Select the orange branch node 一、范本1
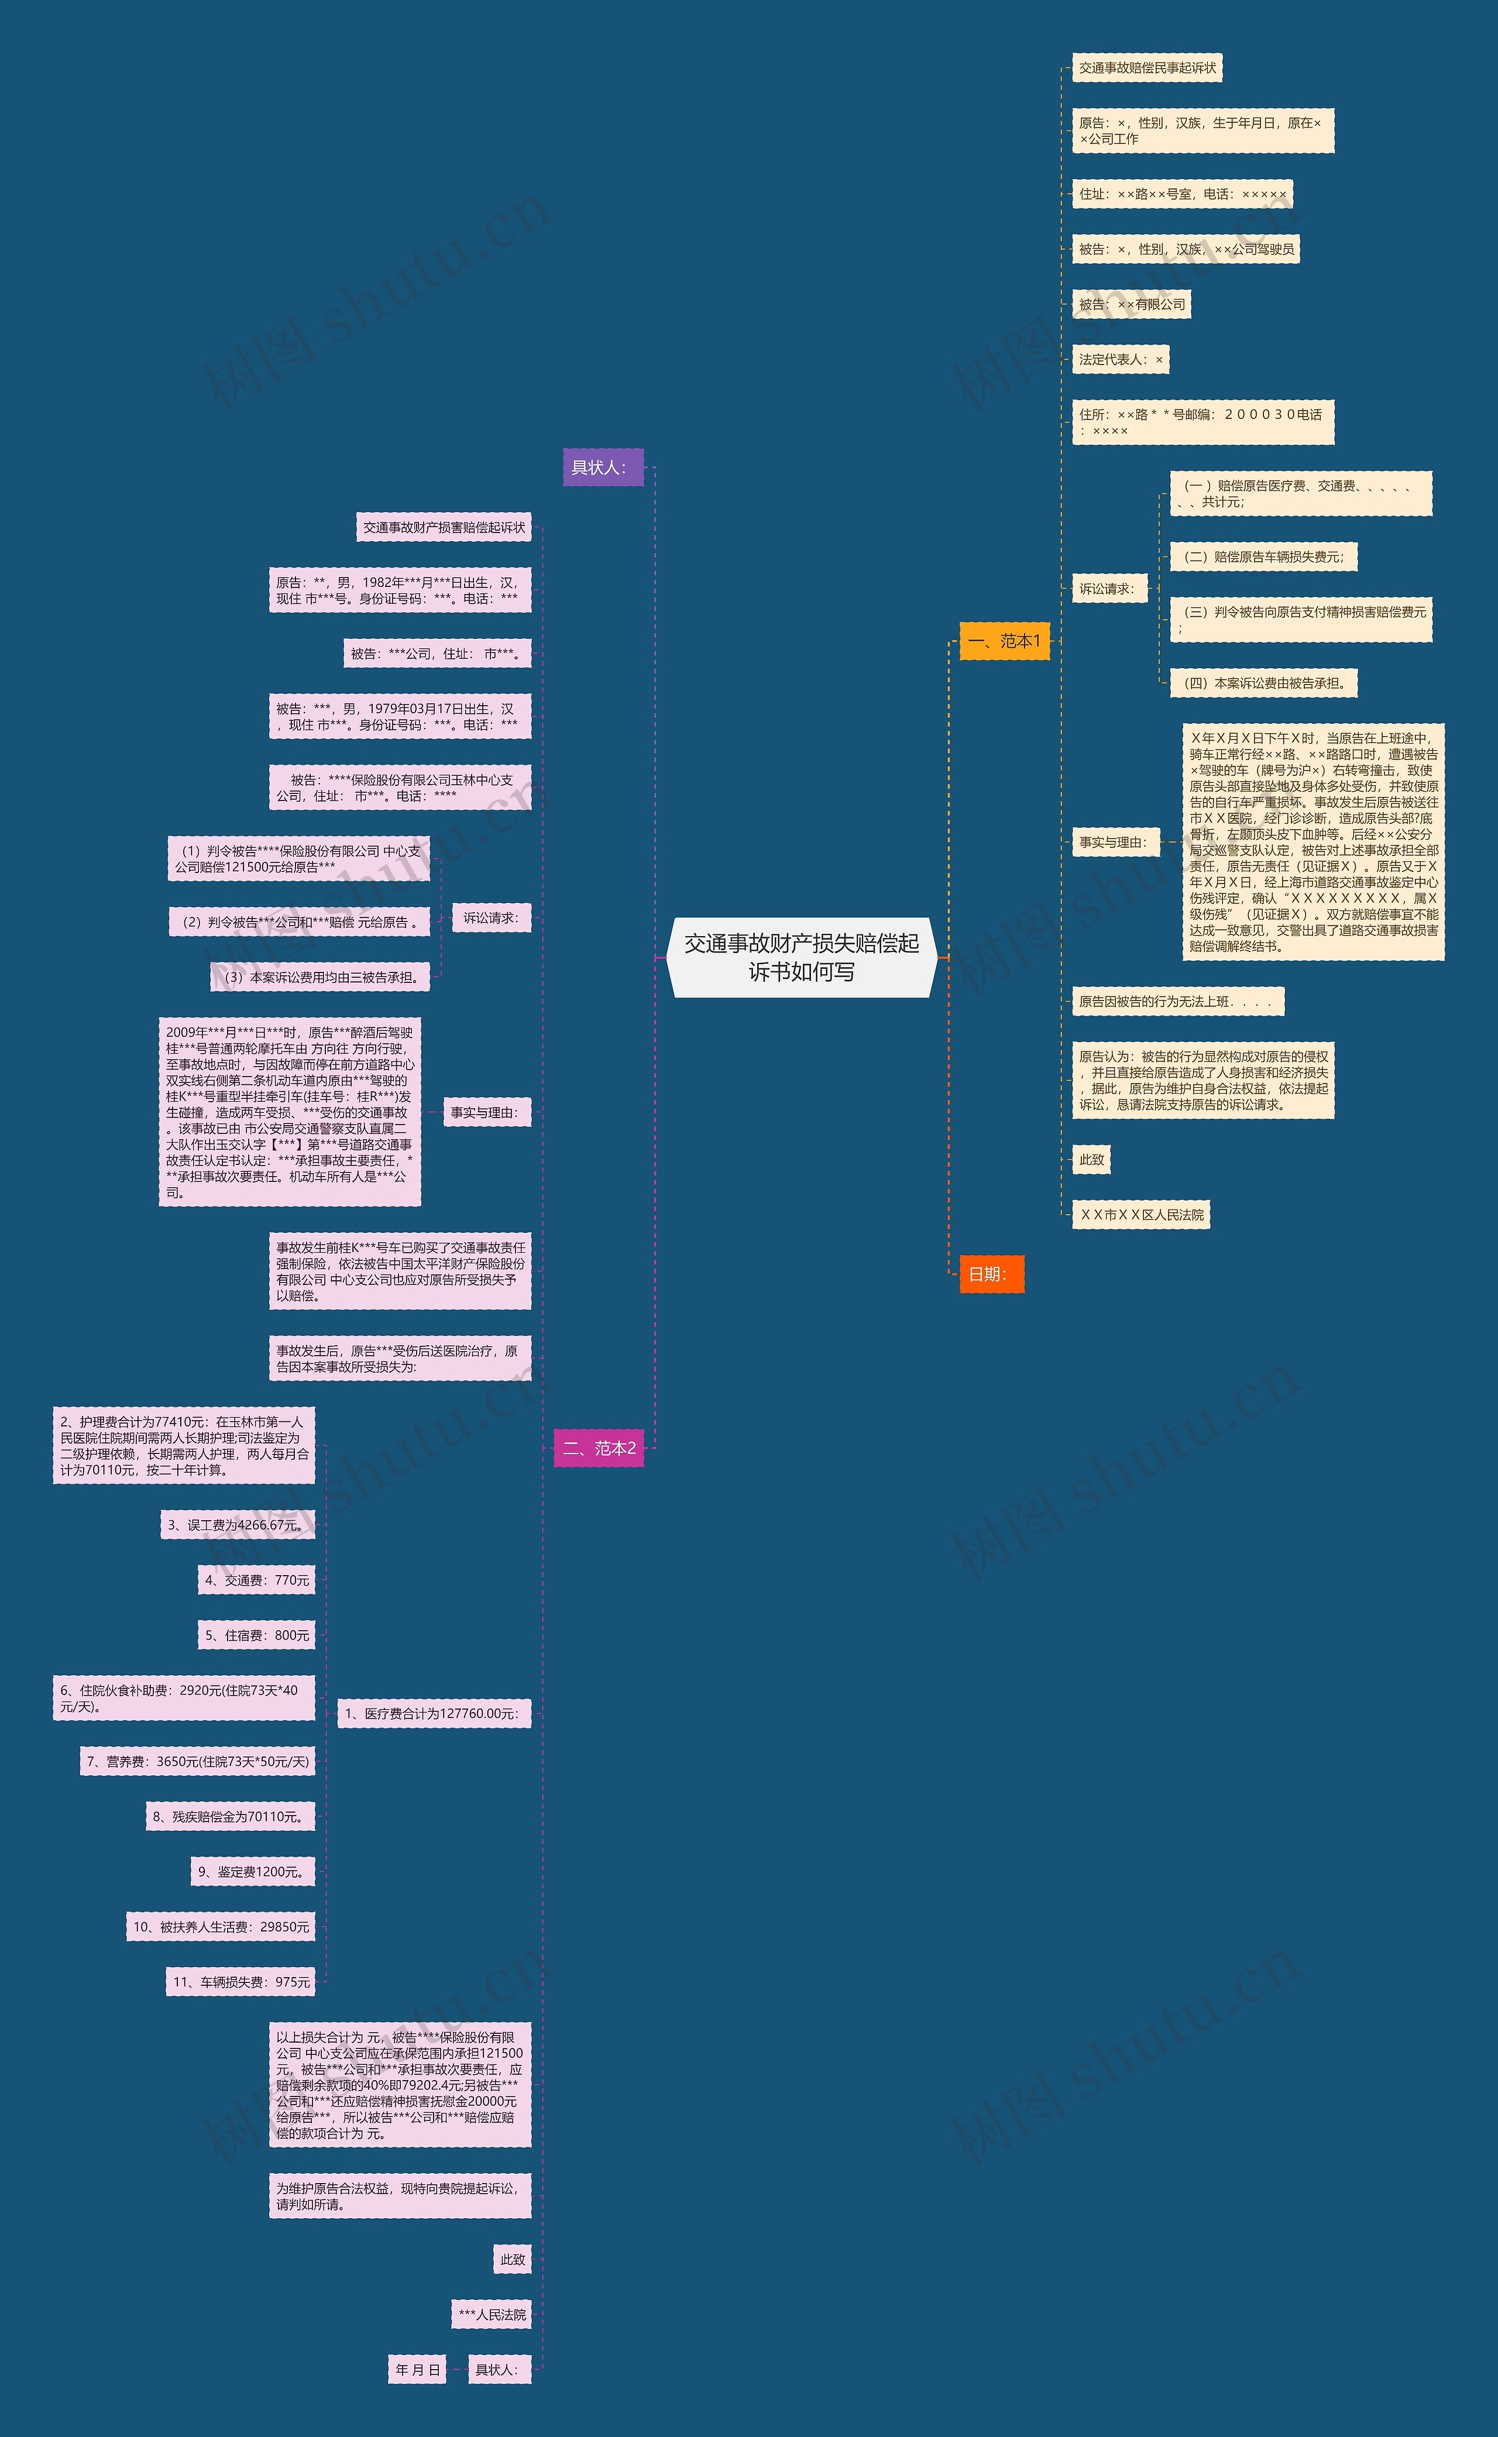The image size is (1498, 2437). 1004,641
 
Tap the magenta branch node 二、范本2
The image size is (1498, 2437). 599,1448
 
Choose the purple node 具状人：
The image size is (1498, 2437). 602,468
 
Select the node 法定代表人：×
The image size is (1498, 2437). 1119,360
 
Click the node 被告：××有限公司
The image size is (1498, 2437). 1131,304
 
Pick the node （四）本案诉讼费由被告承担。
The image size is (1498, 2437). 1263,683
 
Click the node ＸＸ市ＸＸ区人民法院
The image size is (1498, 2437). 1140,1215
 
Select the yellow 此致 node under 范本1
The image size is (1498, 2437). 1091,1159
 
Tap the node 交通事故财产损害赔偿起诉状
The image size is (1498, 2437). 444,527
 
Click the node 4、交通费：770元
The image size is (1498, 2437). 257,1580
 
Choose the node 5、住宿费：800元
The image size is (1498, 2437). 257,1635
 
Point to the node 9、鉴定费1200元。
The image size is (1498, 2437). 253,1871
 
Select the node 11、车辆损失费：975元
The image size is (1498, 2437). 240,1982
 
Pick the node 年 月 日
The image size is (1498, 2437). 417,2370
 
